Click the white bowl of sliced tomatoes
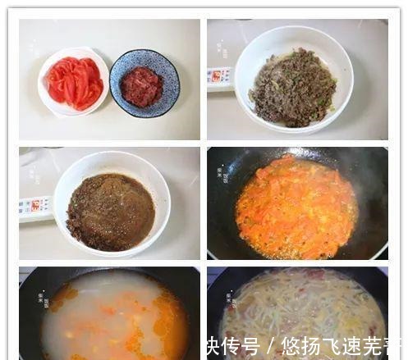click(73, 82)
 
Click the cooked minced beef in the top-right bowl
click(293, 88)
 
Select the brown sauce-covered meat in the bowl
click(110, 212)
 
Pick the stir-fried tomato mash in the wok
click(296, 208)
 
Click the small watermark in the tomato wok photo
click(221, 174)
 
